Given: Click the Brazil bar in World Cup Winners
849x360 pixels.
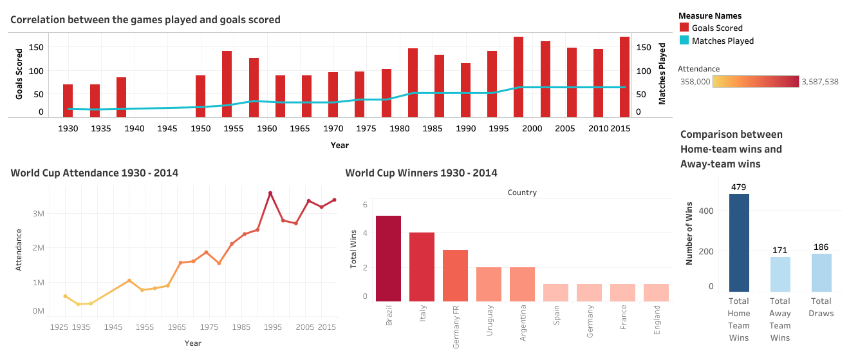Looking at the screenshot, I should coord(388,259).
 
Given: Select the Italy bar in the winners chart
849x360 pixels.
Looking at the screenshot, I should coord(422,267).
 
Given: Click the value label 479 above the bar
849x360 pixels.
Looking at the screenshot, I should coord(739,187).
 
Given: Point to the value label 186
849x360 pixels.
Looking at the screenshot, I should coord(821,247).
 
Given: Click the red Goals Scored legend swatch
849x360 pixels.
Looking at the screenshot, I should coord(684,28).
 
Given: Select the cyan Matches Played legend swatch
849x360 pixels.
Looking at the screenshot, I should coord(684,41).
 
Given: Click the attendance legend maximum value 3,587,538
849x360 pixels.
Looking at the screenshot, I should coord(819,82).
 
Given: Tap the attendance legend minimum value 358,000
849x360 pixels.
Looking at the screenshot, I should coord(695,82).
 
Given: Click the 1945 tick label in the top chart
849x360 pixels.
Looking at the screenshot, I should coord(167,128).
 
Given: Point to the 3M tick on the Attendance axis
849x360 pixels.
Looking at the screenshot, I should coord(38,213).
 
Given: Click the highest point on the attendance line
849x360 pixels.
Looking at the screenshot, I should coord(270,193).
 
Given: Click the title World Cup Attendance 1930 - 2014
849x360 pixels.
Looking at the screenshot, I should coord(95,173).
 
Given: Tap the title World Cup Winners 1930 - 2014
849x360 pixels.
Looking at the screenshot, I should coord(421,173).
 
